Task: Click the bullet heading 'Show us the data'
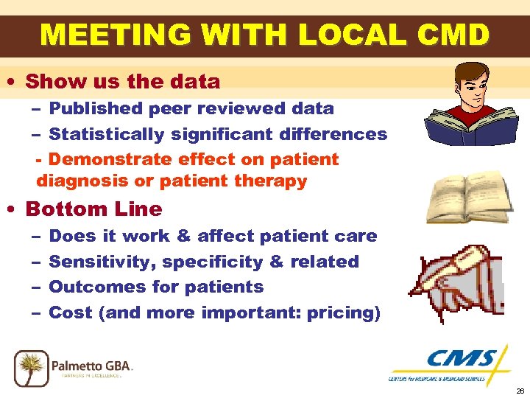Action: (x=123, y=81)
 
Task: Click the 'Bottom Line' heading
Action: (x=93, y=209)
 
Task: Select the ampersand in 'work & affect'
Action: (x=183, y=237)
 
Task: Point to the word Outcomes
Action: (x=94, y=287)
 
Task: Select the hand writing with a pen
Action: (x=460, y=277)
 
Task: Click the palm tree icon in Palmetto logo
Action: (x=31, y=366)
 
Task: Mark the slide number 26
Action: (x=520, y=391)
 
